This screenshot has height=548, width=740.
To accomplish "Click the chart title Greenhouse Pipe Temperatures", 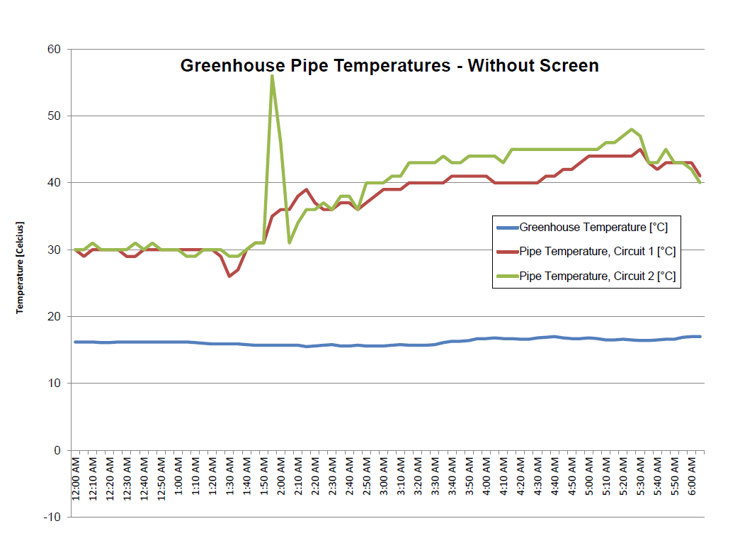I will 389,66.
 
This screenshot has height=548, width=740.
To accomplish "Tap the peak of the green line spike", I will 272,76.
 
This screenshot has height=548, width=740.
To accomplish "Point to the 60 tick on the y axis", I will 55,50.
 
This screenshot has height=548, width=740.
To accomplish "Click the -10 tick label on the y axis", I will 52,518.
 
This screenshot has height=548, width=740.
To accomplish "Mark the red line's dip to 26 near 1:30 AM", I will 229,276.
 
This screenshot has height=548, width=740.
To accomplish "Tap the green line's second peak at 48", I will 631,130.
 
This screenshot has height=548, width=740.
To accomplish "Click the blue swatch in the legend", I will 507,228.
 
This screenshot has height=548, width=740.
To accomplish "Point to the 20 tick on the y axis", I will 55,317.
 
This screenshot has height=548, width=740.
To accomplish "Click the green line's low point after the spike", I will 290,242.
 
